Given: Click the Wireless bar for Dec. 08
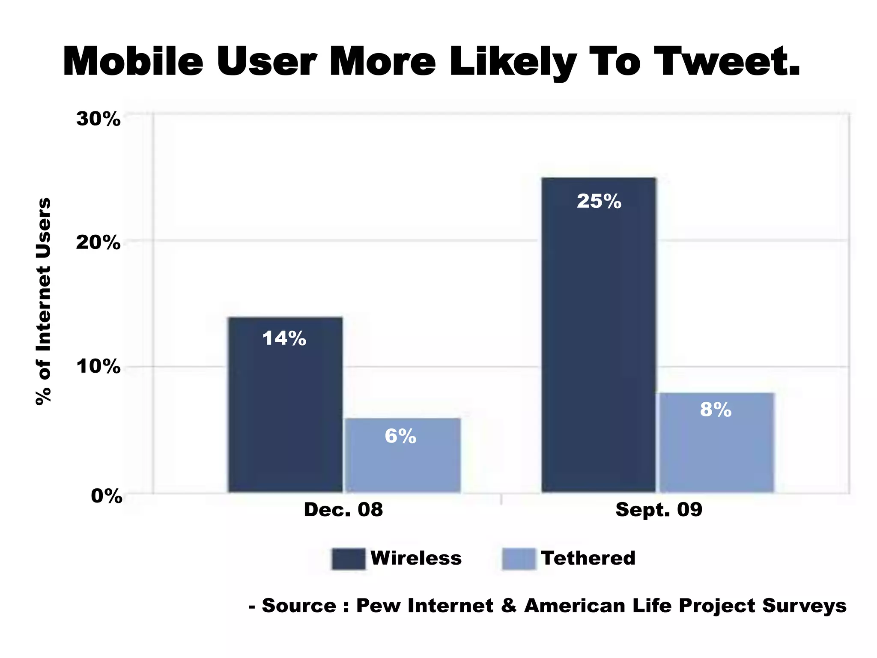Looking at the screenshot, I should pos(285,411).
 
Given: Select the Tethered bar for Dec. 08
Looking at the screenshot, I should pos(403,463).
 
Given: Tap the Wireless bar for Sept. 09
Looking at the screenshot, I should pos(599,343).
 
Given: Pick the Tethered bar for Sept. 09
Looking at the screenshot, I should pos(716,450).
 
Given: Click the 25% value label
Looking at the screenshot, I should pos(599,201).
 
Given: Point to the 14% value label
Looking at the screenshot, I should pos(284,338).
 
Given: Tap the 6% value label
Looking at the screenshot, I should pos(400,437).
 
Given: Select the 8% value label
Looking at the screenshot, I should pos(716,410).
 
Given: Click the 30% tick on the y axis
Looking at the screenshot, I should pos(98,119).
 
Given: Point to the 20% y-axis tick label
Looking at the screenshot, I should pos(98,243).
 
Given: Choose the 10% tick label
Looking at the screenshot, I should pos(98,367).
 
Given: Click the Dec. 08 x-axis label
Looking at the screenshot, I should pos(343,510).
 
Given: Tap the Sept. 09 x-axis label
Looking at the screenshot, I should pos(659,510).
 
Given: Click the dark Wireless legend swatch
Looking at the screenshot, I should pos(348,559).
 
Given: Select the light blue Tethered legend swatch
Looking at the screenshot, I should pos(519,559).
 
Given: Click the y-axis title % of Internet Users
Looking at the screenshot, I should pos(43,301).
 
